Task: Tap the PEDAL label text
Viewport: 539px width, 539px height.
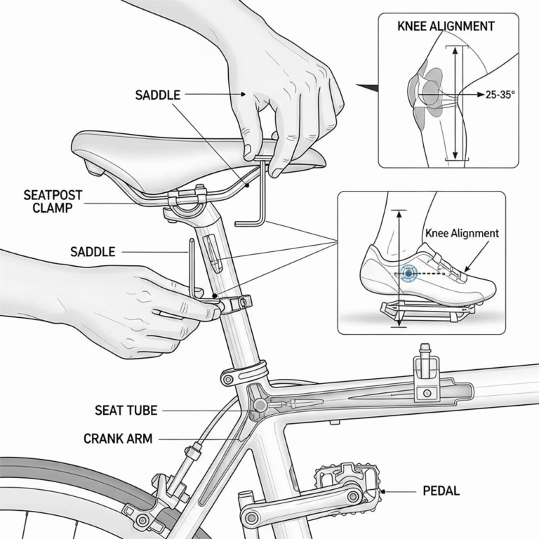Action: (441, 491)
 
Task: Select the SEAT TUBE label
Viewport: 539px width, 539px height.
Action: (126, 410)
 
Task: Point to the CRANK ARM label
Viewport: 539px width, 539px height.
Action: (117, 439)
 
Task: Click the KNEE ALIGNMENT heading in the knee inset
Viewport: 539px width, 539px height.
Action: (446, 27)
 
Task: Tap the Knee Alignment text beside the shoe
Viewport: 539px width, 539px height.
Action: (462, 233)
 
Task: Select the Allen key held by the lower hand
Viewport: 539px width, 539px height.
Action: (193, 267)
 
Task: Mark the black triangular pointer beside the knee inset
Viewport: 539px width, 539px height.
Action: (366, 88)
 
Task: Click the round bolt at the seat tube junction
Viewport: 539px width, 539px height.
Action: (260, 405)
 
